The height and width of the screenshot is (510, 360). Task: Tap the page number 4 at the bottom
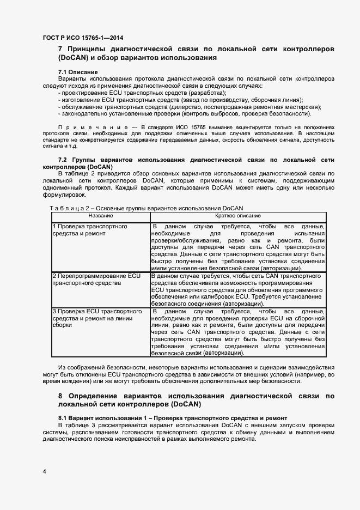(x=44, y=470)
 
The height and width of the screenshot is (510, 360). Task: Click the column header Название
(x=100, y=216)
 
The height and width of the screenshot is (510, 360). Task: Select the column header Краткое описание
(x=237, y=216)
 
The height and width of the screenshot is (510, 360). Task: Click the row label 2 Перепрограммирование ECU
(x=89, y=276)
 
